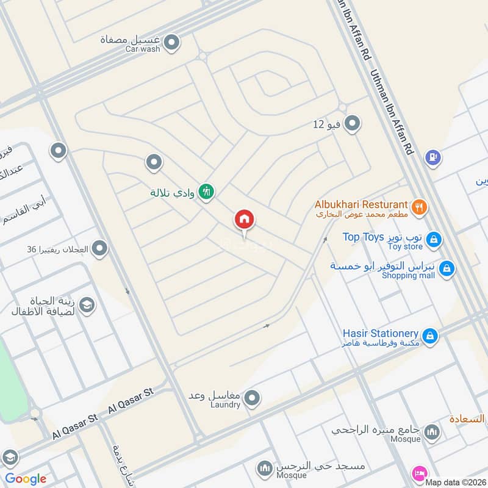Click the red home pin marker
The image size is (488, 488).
point(245,219)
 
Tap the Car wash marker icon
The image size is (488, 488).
point(172,43)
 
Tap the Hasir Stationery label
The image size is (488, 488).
point(380,334)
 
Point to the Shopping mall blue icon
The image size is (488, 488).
point(447,268)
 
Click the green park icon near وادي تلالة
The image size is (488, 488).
point(207,192)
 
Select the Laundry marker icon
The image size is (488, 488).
point(252,399)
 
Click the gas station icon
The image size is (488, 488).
point(433,157)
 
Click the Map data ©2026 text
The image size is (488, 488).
point(454,482)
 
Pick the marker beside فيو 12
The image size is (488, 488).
point(351,124)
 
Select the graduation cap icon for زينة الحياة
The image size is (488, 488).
point(87,304)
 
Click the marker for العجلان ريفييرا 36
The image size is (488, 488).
point(99,249)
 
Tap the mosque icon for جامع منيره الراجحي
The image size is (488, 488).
point(432,432)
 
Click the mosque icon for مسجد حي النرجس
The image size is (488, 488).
point(264,468)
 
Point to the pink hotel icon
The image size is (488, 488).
point(420,473)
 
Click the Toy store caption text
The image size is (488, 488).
point(406,247)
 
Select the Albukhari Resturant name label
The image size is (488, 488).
point(361,204)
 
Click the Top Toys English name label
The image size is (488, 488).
point(363,237)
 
